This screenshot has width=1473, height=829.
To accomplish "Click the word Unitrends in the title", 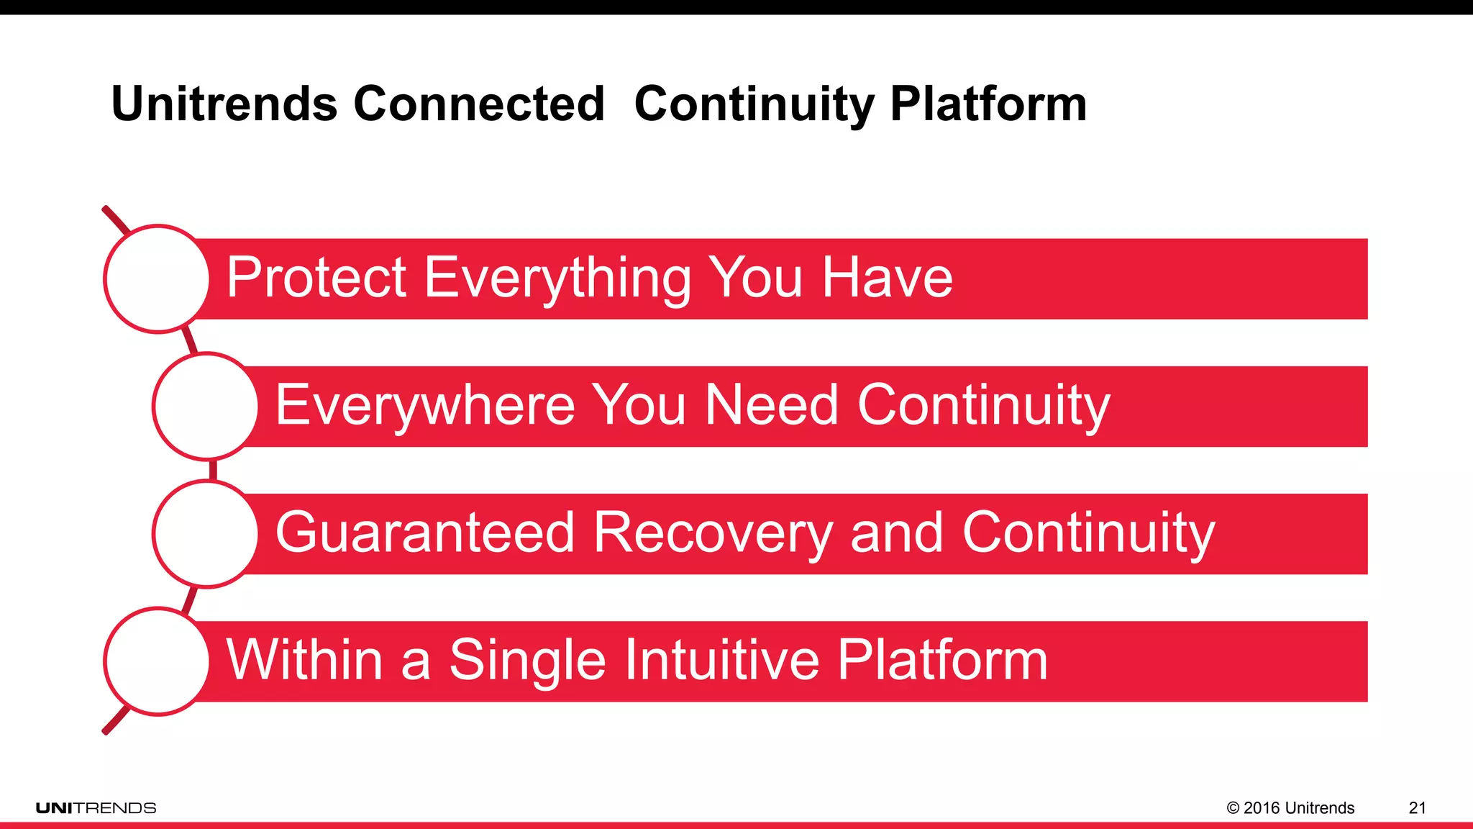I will (x=224, y=104).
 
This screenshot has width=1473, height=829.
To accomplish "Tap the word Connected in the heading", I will (x=479, y=104).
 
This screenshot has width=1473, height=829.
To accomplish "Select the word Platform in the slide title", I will (x=988, y=104).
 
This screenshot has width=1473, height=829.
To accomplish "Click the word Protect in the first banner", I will (x=316, y=278).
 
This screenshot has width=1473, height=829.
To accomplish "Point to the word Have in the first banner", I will (x=887, y=278).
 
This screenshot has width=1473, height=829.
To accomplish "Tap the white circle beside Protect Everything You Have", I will (x=157, y=278).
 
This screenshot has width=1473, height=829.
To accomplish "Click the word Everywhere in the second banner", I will (x=425, y=405).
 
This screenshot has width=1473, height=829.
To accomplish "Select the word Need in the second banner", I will (x=771, y=405).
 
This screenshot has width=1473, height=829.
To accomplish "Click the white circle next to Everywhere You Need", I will (x=206, y=407).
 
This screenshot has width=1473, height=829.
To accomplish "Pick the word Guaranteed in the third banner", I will (x=425, y=533).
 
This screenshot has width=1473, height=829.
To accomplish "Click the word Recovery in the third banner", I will (x=713, y=533).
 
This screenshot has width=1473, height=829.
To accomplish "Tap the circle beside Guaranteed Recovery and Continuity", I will (x=206, y=534).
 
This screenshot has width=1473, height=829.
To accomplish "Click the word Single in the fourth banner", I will (x=527, y=660).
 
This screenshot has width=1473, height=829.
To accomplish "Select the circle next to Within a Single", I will (x=157, y=661).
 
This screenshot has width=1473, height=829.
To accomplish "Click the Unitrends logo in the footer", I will (x=96, y=808).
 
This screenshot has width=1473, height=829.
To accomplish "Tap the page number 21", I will (x=1417, y=808).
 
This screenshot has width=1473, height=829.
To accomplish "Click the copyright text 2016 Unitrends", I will (x=1290, y=808).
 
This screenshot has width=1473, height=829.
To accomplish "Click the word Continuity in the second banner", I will (x=983, y=405).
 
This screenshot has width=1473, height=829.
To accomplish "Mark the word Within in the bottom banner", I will (x=304, y=660).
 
